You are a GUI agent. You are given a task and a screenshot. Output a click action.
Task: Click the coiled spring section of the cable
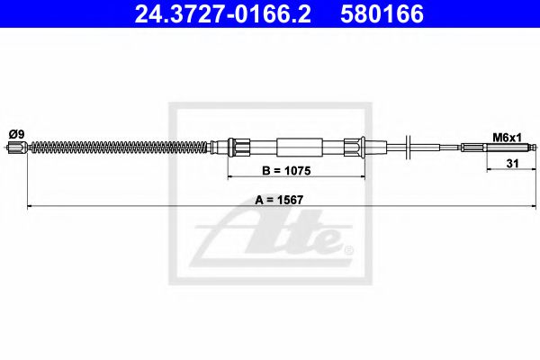[x=117, y=147]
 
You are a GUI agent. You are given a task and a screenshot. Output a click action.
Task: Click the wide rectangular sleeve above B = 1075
[x=300, y=147]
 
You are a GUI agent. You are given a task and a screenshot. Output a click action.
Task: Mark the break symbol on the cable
[x=409, y=147]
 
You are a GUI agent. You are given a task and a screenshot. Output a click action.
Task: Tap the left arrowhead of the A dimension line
[x=31, y=208]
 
